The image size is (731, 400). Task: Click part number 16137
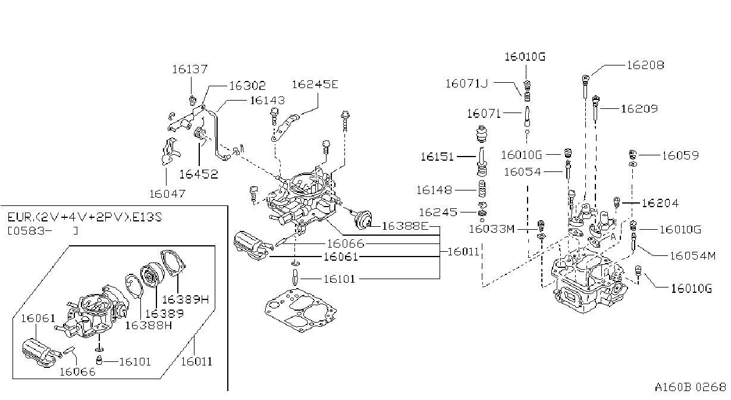[x=190, y=69]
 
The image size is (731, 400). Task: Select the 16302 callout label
[x=247, y=86]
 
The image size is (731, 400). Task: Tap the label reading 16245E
[x=315, y=85]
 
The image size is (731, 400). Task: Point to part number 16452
[x=199, y=174]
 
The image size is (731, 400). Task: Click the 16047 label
[x=167, y=194]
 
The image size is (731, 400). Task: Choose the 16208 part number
[x=645, y=65]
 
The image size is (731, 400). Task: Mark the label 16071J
[x=466, y=84]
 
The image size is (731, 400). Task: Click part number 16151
[x=437, y=157]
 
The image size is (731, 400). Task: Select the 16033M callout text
[x=491, y=229]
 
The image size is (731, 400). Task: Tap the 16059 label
[x=680, y=155]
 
